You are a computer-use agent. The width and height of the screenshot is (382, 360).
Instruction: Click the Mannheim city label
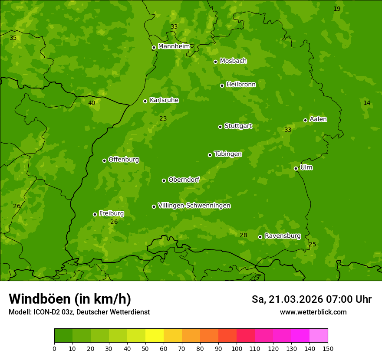[x=174, y=46]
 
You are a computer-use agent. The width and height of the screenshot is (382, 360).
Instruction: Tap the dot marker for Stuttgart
[x=220, y=127]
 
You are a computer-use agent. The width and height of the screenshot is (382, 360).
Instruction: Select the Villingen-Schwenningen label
[x=194, y=206]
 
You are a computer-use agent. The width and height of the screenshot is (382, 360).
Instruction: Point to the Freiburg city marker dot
[x=95, y=214]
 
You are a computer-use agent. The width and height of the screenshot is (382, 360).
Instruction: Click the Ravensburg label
[x=283, y=236]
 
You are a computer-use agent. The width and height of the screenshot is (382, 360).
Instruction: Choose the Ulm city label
[x=306, y=167]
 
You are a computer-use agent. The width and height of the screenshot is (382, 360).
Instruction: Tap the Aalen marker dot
[x=305, y=120]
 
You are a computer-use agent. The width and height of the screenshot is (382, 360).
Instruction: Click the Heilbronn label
[x=241, y=85]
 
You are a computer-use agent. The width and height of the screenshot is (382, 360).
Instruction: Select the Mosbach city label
[x=233, y=61]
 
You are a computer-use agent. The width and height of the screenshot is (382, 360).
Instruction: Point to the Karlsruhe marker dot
[x=145, y=101]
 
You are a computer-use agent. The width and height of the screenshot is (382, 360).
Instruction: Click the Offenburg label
[x=124, y=160]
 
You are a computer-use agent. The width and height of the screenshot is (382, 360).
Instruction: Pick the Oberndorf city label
[x=184, y=180]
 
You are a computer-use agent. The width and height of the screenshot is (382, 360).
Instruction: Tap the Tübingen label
[x=228, y=154]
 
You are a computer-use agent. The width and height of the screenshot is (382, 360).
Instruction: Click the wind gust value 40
[x=92, y=103]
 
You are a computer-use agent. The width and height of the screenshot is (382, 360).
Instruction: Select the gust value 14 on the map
[x=367, y=103]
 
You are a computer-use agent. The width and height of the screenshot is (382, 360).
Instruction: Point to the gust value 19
[x=337, y=9]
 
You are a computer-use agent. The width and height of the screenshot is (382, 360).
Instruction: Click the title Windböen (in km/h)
[x=69, y=299]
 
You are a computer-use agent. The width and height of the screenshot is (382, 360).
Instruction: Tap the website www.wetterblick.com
[x=313, y=312]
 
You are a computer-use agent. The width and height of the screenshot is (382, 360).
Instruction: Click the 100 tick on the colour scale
[x=237, y=348]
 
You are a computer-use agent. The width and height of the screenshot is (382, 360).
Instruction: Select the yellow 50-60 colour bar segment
[x=155, y=336]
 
